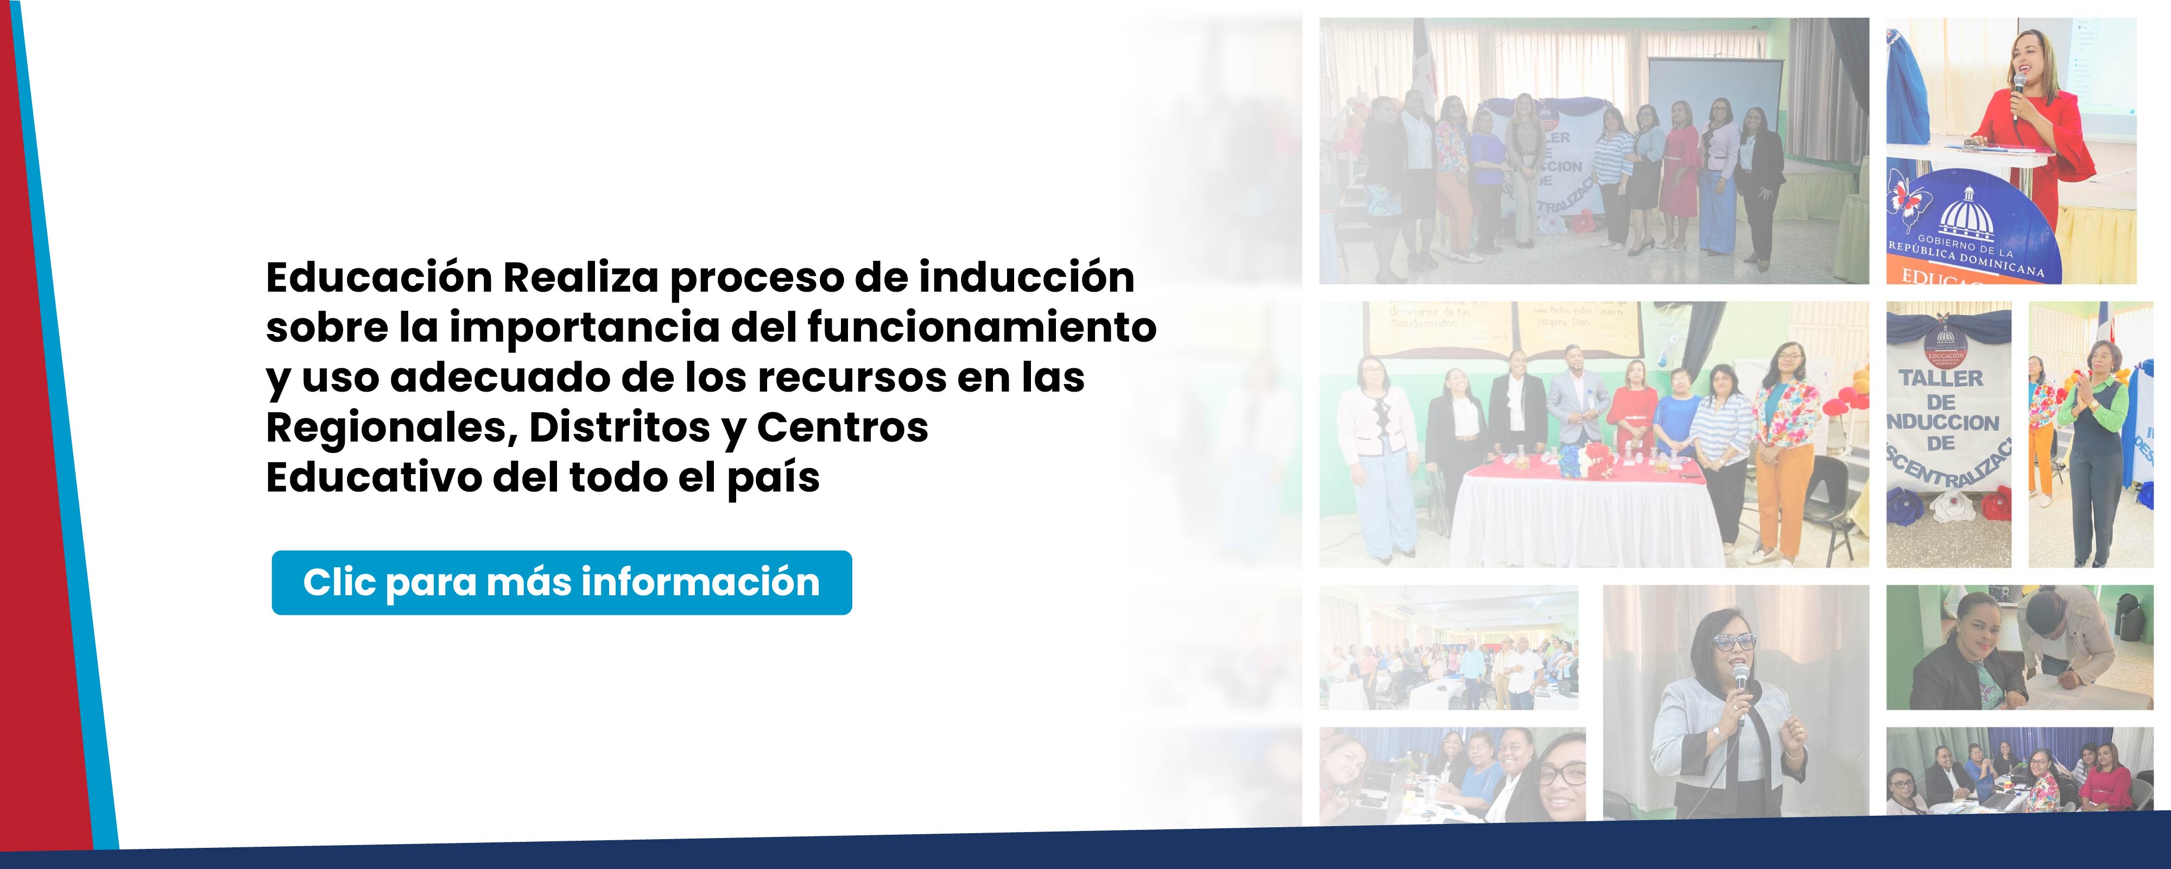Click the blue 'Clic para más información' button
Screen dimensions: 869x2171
coord(561,582)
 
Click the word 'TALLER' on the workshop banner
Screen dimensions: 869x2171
coord(1941,379)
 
